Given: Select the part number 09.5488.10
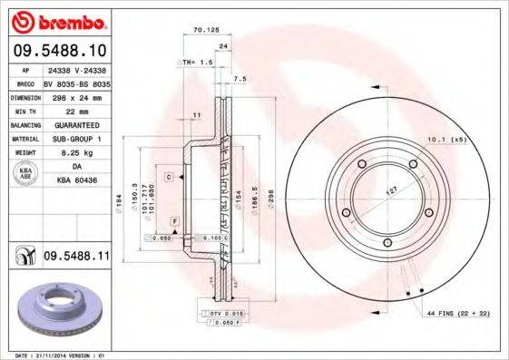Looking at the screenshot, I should click(x=60, y=51).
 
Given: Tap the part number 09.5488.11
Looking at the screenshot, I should click(x=76, y=258).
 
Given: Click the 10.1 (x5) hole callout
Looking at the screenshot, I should click(x=445, y=139).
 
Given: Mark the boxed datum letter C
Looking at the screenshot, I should click(x=169, y=176).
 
